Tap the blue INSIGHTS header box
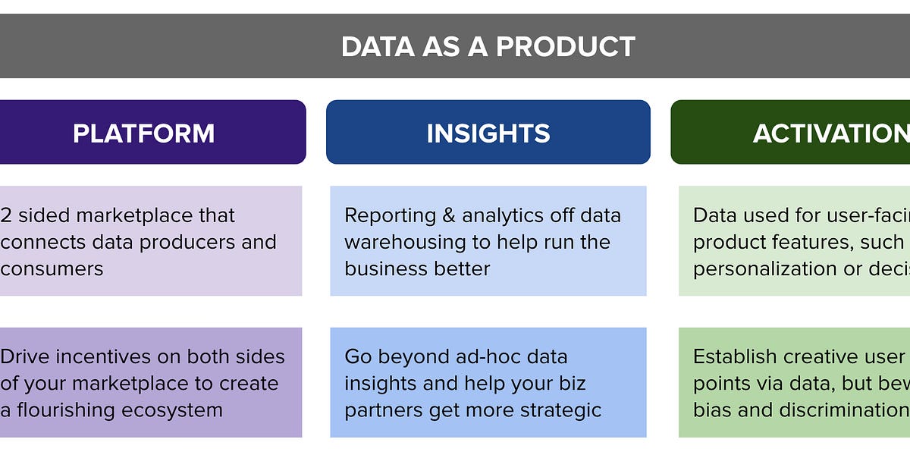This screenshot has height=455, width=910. [x=488, y=133]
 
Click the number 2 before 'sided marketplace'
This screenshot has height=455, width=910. [x=5, y=215]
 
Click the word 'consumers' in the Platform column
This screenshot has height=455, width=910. [x=52, y=268]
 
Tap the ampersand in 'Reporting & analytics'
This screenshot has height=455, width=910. [x=447, y=215]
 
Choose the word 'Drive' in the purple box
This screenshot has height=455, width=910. [x=27, y=356]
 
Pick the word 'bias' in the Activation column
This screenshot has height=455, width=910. [x=710, y=410]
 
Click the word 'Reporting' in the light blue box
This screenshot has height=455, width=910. [x=388, y=215]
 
